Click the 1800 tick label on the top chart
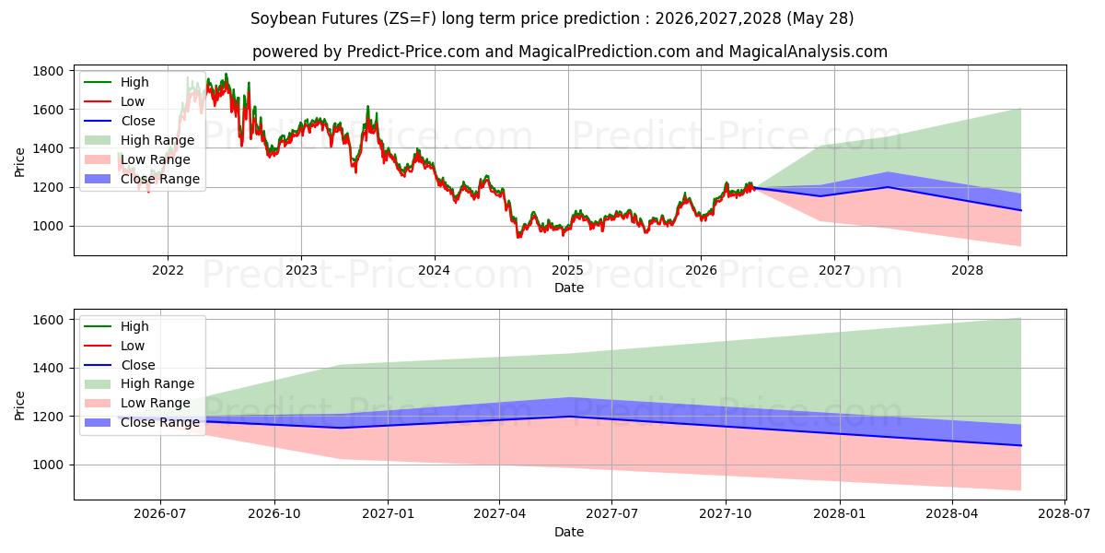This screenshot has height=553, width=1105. (x=48, y=71)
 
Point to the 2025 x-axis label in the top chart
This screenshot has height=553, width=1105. (x=568, y=271)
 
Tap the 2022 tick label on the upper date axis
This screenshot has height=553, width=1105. (x=168, y=271)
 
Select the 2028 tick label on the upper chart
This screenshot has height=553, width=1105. (x=968, y=271)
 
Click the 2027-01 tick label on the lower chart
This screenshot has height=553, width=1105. (x=388, y=514)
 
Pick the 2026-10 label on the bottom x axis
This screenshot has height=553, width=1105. (x=274, y=514)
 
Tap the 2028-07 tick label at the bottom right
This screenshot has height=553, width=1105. (x=1064, y=514)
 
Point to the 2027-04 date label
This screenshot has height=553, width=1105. (x=500, y=514)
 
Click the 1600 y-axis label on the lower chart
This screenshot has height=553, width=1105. (x=48, y=320)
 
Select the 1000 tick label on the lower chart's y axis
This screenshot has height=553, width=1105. (x=48, y=465)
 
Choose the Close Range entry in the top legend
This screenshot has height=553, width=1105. (x=142, y=179)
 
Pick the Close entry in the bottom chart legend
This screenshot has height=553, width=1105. (x=120, y=365)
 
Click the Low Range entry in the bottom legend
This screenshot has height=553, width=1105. (x=137, y=403)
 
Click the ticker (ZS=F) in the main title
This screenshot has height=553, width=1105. (x=410, y=18)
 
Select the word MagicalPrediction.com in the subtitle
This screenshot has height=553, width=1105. (x=604, y=52)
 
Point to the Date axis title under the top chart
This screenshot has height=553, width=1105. (x=569, y=288)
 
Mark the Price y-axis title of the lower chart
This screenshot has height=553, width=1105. (x=19, y=406)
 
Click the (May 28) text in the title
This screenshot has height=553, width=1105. (x=820, y=18)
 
